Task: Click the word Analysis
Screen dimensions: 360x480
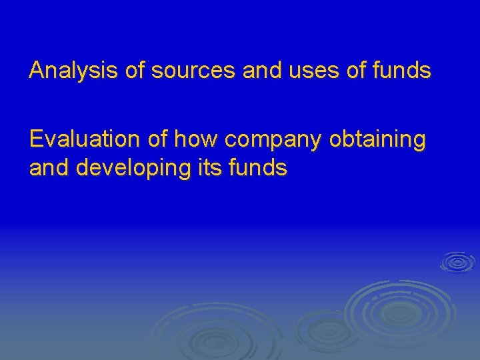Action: click(x=75, y=70)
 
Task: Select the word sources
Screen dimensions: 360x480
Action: click(x=193, y=70)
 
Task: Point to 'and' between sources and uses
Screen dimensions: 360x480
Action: click(x=262, y=70)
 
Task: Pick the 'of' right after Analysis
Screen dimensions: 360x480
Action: click(x=135, y=70)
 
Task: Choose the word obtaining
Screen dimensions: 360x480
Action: click(x=377, y=141)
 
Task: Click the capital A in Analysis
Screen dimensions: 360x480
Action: click(x=36, y=70)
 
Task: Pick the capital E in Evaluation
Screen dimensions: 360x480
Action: click(x=36, y=139)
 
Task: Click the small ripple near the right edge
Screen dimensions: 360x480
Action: click(x=457, y=262)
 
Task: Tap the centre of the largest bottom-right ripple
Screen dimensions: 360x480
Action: click(x=400, y=310)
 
